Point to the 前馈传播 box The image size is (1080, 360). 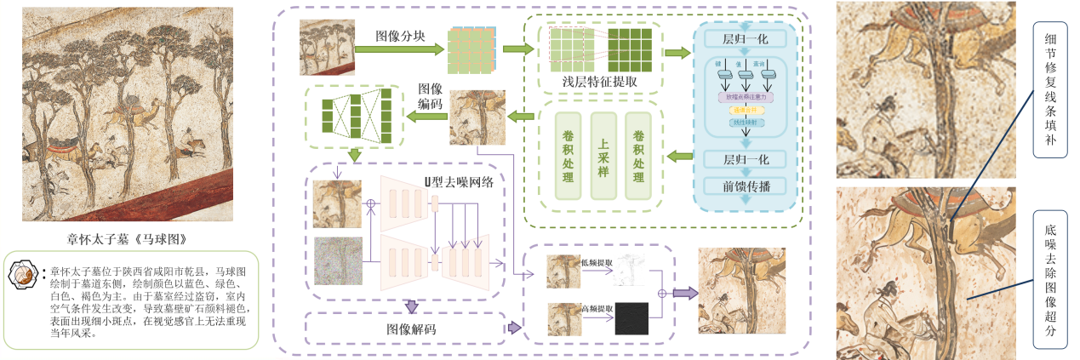(x=746, y=186)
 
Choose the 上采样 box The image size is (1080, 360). (x=603, y=156)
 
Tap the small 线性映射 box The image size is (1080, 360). (x=745, y=123)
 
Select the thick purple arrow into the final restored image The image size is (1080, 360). (x=683, y=293)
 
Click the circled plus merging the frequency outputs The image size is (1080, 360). (x=662, y=293)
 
